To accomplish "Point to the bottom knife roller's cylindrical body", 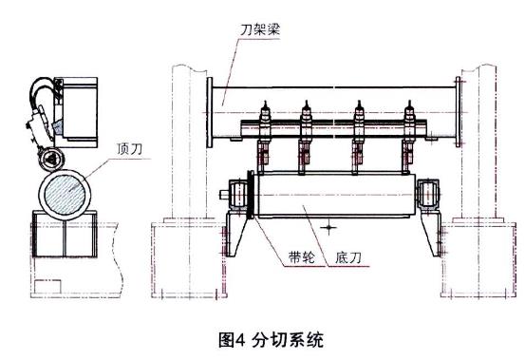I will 332,197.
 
